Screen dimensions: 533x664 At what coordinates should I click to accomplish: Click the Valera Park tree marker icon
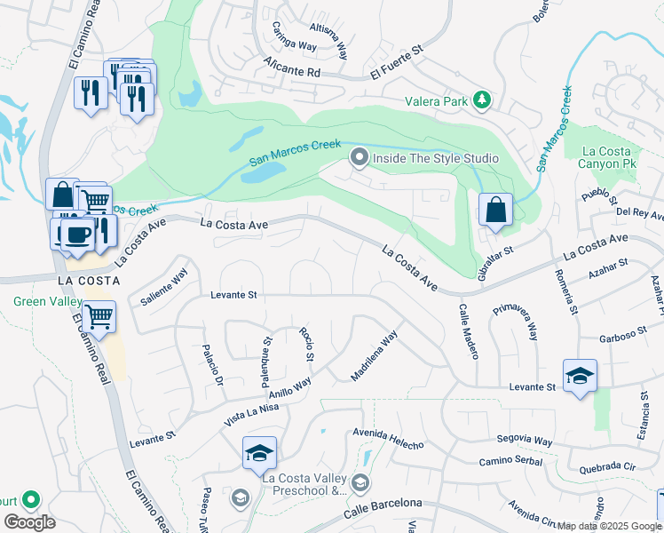point(482,100)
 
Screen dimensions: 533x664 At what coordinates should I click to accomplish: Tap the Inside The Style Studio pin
point(360,159)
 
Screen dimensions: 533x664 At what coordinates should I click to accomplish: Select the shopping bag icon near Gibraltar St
point(495,211)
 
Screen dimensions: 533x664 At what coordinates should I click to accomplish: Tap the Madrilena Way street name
point(374,356)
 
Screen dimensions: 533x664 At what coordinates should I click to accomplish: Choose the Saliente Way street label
point(164,288)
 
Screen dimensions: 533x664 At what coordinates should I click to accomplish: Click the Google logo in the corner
point(29,521)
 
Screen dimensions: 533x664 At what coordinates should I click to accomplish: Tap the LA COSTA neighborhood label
point(83,279)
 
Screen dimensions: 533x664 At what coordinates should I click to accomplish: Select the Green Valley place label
point(42,301)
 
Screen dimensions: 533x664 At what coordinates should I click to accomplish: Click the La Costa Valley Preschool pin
point(360,482)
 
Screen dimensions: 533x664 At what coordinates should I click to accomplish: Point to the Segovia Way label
point(524,441)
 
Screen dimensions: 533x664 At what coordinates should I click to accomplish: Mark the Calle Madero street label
point(468,331)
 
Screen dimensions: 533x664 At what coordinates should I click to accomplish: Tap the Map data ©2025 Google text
point(609,526)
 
